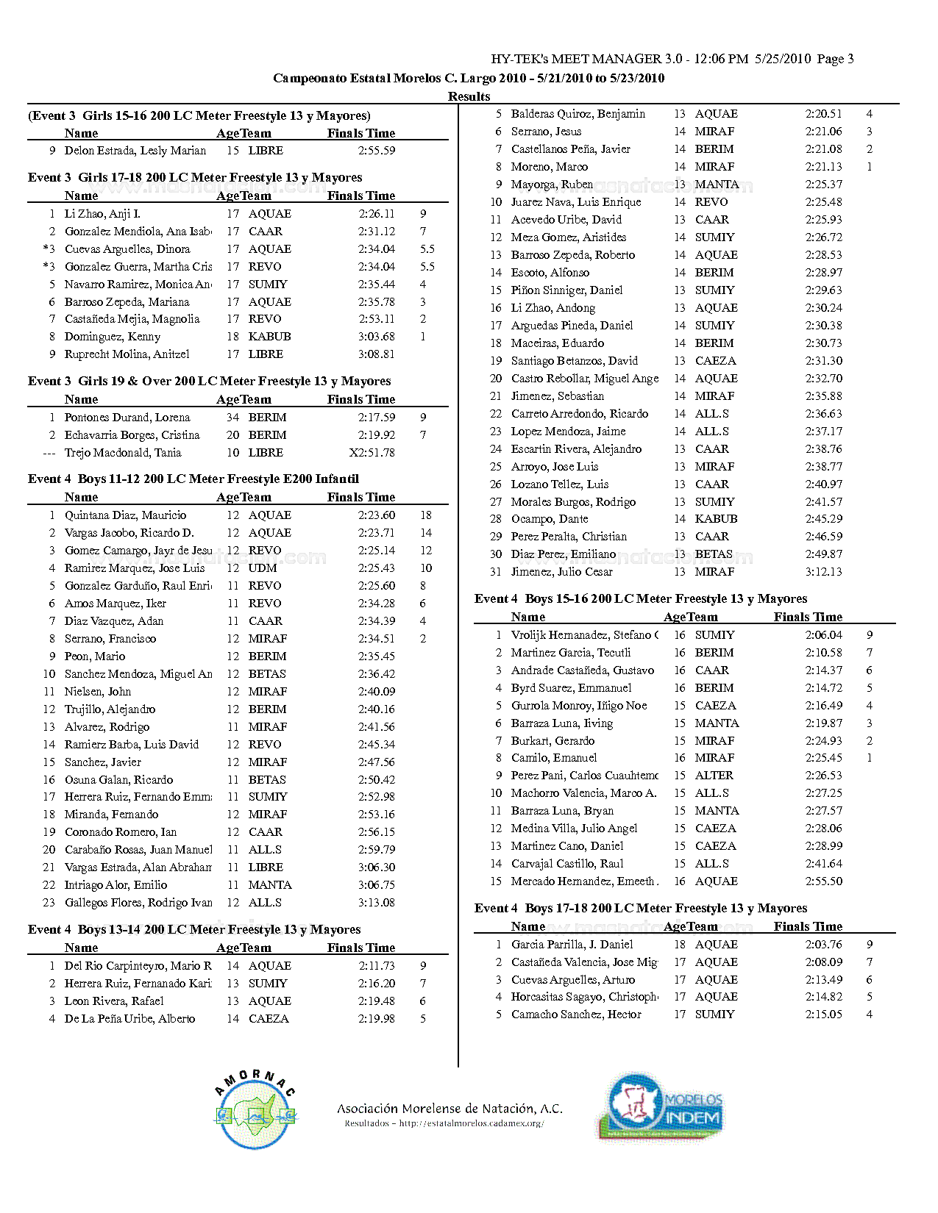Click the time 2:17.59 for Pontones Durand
377,418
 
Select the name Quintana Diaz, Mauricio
125,515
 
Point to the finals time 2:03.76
823,945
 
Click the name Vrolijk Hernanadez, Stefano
584,635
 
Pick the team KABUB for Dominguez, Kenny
269,337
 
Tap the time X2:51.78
372,453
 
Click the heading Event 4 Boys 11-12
193,479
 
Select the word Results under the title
469,96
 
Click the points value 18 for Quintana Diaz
426,515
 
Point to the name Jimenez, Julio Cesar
561,572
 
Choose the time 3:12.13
823,572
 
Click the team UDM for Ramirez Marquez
263,568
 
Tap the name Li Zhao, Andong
553,308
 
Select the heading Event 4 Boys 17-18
640,909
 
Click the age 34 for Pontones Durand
232,418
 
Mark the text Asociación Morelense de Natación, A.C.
450,1109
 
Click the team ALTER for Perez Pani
714,776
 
